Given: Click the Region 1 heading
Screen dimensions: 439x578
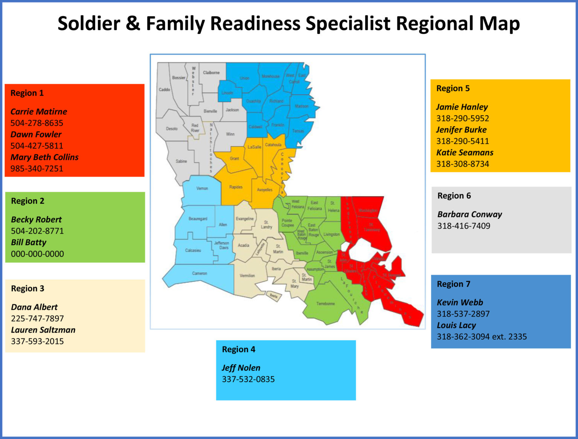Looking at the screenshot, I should coord(27,93).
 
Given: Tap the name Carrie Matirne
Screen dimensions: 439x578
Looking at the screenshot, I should coord(39,112).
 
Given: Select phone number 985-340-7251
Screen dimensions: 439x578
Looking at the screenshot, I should coord(37,168).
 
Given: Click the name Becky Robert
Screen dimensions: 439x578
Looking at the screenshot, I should coord(36,219).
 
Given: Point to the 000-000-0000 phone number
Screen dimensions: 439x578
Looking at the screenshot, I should coord(37,254).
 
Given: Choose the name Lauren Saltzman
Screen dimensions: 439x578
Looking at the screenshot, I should coord(43,330).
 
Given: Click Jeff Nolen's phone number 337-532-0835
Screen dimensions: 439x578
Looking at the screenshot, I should coord(248,379).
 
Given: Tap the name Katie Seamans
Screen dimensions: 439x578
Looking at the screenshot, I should coord(465,152).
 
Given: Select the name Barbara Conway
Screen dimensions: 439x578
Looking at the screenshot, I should coord(470,214).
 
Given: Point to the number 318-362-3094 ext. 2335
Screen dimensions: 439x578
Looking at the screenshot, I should coord(482,337).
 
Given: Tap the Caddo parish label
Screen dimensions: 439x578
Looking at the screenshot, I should coord(164,90).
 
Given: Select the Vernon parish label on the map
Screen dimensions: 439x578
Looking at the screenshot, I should coord(202,188).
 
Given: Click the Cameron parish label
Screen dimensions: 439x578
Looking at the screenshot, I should coord(199,273).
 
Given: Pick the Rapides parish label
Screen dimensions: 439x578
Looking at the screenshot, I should coord(236,187).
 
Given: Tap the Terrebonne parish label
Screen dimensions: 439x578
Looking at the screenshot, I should coord(326,304).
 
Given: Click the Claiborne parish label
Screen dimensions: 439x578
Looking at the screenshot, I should coord(211,73).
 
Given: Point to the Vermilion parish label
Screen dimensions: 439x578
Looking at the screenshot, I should coord(247,275).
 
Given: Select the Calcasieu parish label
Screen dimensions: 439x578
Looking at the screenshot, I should coord(193,250).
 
